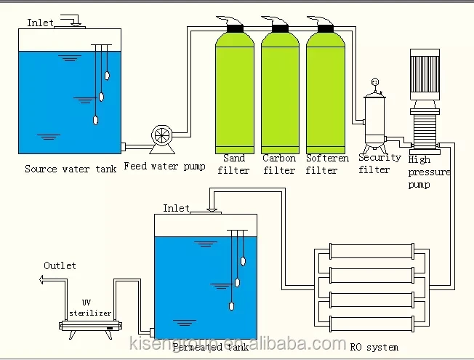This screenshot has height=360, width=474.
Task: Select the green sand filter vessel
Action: point(235,91)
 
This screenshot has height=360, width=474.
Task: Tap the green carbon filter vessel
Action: point(279,91)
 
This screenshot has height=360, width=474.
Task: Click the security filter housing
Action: point(375,120)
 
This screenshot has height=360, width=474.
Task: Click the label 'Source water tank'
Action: point(70,169)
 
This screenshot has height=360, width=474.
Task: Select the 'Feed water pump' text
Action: point(164,166)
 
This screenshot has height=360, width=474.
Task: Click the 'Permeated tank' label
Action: point(202,348)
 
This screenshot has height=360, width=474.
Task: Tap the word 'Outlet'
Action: point(60,265)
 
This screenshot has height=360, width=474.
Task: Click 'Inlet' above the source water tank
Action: point(41,23)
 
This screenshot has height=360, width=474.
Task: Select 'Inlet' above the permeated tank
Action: point(176,208)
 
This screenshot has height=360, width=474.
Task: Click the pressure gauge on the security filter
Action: point(375,81)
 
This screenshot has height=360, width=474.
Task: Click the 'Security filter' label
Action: point(379,164)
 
